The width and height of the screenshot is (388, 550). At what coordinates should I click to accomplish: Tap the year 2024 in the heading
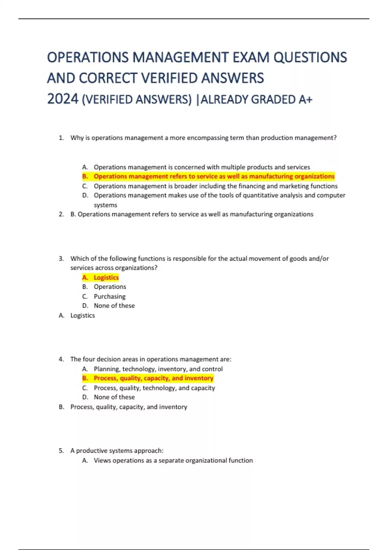[x=63, y=99]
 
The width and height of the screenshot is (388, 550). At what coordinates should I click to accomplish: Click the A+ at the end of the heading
[x=306, y=99]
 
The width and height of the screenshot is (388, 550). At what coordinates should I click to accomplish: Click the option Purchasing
[x=110, y=296]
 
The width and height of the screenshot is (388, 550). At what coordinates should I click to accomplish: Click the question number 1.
[x=61, y=138]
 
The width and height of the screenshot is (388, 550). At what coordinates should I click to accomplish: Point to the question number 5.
[x=61, y=451]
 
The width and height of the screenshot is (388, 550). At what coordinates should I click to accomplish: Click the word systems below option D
[x=105, y=205]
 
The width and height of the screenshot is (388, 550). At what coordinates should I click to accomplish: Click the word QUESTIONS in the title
[x=310, y=58]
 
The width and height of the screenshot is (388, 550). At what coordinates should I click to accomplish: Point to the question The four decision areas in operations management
[x=151, y=359]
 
